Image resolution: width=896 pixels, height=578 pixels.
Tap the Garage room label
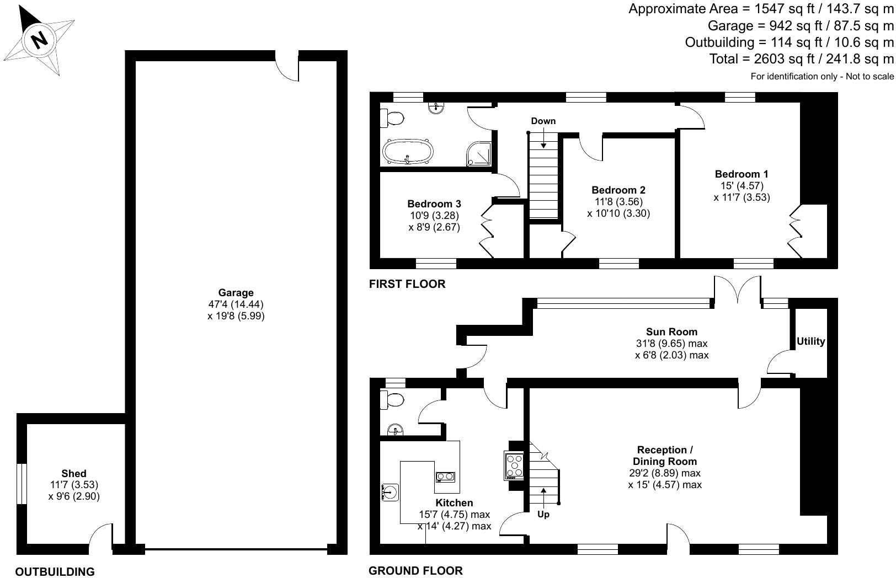click(x=236, y=293)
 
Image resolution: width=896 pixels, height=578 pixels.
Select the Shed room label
click(x=74, y=473)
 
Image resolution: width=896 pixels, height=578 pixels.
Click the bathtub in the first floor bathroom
click(x=408, y=151)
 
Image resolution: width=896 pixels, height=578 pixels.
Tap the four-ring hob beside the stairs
click(x=514, y=464)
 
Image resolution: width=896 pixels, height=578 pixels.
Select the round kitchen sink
click(x=391, y=491)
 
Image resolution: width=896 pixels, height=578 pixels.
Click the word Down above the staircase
click(x=543, y=121)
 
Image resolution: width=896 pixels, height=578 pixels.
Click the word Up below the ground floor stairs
click(x=543, y=514)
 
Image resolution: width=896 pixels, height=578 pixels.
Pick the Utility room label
click(x=810, y=341)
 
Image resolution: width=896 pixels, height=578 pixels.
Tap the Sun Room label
click(x=671, y=331)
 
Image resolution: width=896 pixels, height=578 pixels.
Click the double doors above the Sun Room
click(x=738, y=290)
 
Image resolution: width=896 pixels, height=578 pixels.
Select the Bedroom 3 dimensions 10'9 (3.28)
click(x=434, y=215)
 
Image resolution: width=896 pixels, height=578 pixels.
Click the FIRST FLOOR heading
click(x=407, y=284)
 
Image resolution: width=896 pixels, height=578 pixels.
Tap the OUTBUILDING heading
click(x=55, y=572)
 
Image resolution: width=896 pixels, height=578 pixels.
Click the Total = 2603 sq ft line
click(x=801, y=58)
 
